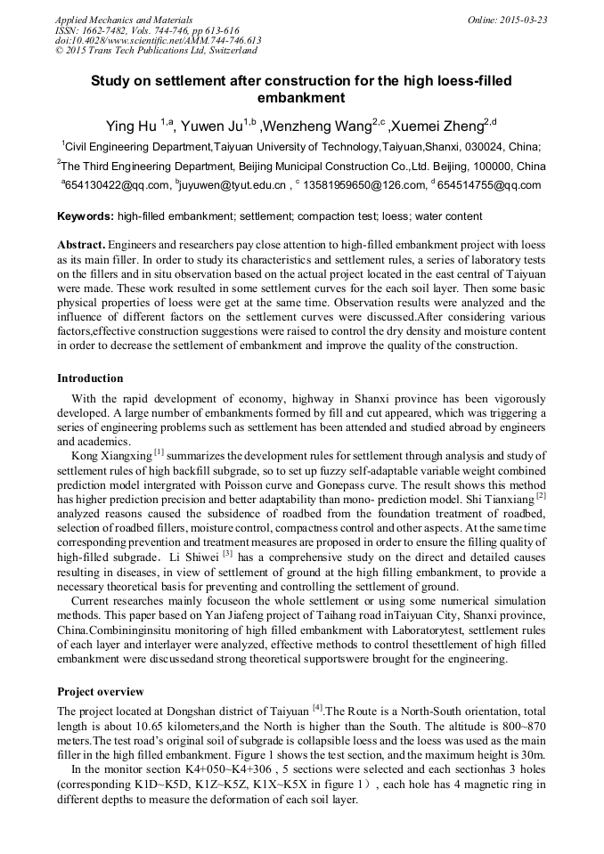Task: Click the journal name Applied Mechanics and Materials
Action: click(x=112, y=19)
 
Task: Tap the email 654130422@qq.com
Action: click(x=116, y=185)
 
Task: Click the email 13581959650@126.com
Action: click(x=362, y=185)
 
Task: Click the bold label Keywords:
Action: click(x=86, y=216)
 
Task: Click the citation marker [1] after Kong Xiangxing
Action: click(x=159, y=451)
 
